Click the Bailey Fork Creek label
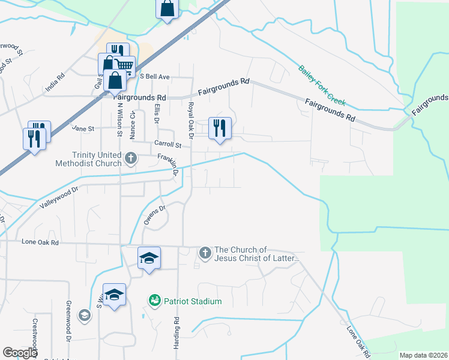pyautogui.click(x=323, y=87)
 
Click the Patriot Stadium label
pyautogui.click(x=193, y=301)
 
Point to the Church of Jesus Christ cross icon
pyautogui.click(x=205, y=253)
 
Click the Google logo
pyautogui.click(x=20, y=353)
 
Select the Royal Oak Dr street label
pyautogui.click(x=191, y=120)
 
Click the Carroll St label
pyautogui.click(x=167, y=144)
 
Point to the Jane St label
pyautogui.click(x=83, y=128)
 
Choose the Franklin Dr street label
pyautogui.click(x=169, y=164)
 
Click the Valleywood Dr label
pyautogui.click(x=59, y=197)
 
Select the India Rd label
pyautogui.click(x=55, y=83)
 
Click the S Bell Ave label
pyautogui.click(x=155, y=77)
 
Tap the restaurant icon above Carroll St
pyautogui.click(x=219, y=128)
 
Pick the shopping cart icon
pyautogui.click(x=124, y=66)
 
